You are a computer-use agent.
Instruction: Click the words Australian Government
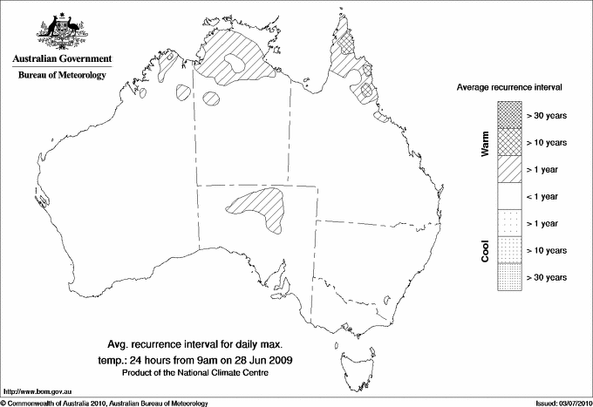[x=61, y=59]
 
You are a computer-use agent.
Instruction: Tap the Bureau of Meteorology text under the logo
[x=61, y=76]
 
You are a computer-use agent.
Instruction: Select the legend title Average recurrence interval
[x=510, y=89]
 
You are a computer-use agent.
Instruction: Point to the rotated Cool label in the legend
[x=486, y=251]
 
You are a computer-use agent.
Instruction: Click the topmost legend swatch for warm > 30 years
[x=509, y=114]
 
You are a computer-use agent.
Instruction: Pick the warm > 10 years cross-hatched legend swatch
[x=509, y=141]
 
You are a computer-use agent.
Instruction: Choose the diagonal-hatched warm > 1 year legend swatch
[x=509, y=169]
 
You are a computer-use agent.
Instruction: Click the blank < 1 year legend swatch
[x=509, y=196]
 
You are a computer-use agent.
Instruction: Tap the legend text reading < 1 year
[x=545, y=196]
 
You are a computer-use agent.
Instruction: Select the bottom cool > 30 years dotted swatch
[x=509, y=277]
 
